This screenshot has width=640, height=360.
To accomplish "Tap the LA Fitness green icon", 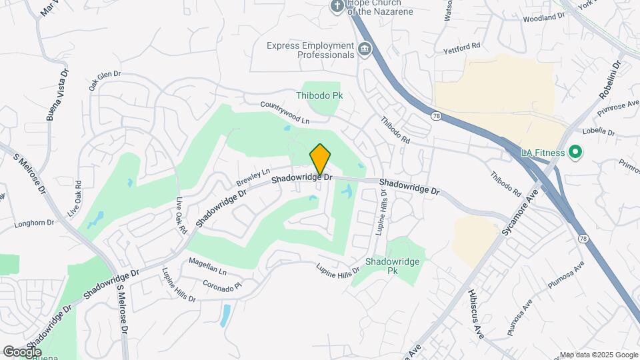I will [x=573, y=153].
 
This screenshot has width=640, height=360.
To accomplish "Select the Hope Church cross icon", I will [x=337, y=7].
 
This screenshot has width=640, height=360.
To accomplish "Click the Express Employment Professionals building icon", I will [x=365, y=48].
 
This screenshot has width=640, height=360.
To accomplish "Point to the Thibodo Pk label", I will [x=319, y=96].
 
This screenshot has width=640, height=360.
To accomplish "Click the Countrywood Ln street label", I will [x=285, y=113].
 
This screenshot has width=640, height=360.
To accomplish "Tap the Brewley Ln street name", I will [x=253, y=177].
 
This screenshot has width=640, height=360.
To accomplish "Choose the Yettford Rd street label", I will [x=462, y=47].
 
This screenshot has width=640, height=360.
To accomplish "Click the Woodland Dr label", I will [x=544, y=17].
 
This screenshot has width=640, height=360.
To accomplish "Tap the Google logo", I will [x=22, y=351].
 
